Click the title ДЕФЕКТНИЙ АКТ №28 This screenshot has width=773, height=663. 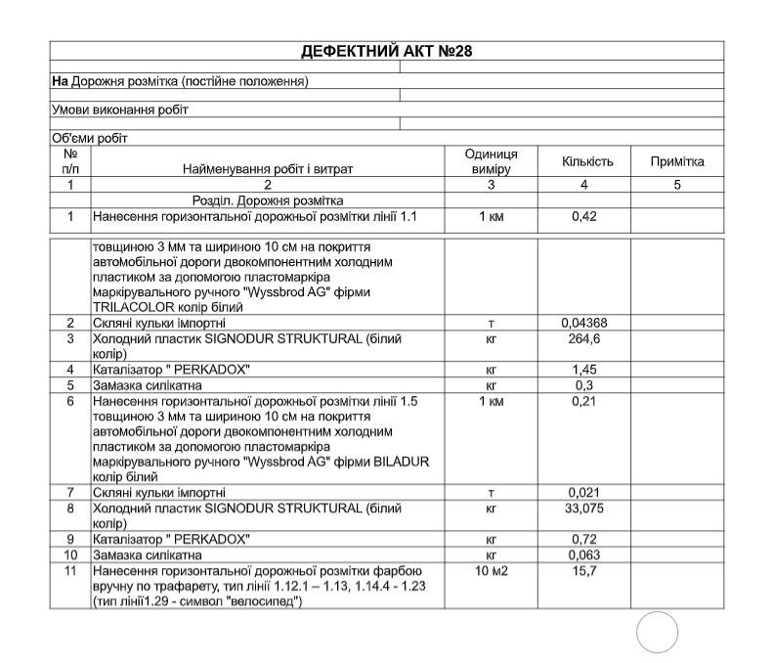coord(387,51)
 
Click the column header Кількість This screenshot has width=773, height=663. coord(587,161)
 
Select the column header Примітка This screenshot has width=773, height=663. coord(677,161)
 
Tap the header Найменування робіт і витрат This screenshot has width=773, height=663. coord(268,168)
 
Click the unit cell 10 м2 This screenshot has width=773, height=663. coord(491,570)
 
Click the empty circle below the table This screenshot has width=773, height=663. coord(658,632)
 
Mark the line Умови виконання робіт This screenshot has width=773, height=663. coord(120,110)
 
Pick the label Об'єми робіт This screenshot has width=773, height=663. coord(90,138)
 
